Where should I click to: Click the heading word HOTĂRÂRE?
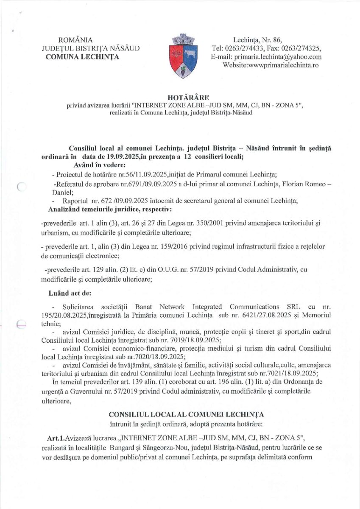tap(180, 98)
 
